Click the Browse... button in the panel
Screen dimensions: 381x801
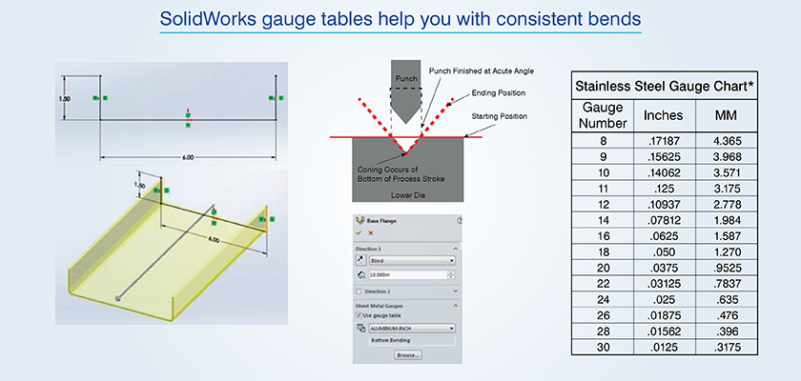pyautogui.click(x=407, y=354)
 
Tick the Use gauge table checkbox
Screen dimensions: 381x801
pyautogui.click(x=359, y=315)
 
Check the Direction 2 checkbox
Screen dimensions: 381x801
pyautogui.click(x=359, y=291)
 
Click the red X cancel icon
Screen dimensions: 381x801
pyautogui.click(x=370, y=231)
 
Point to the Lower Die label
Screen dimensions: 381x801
pyautogui.click(x=406, y=190)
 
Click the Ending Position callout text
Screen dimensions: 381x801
pyautogui.click(x=499, y=94)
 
